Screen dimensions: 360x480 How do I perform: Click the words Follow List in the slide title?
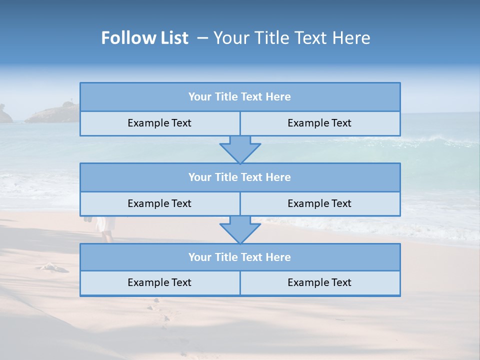[145, 38]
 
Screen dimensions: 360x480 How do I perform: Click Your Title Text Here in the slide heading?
[291, 38]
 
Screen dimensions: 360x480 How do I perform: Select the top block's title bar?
[240, 97]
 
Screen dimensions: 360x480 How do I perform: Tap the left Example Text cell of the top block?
[159, 123]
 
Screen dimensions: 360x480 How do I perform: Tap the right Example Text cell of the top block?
[319, 123]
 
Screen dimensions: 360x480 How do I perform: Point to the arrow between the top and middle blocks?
[240, 149]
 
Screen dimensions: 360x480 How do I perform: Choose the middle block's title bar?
[240, 177]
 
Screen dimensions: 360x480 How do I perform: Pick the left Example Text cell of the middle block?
[159, 203]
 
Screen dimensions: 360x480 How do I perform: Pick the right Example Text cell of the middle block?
[319, 203]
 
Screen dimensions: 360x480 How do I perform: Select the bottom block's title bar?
[240, 257]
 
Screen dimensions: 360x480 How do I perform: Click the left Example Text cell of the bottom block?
[159, 282]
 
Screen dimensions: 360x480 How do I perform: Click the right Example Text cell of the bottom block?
[319, 282]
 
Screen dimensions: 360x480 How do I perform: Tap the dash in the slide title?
[202, 38]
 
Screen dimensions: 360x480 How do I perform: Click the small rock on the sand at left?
[53, 267]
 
